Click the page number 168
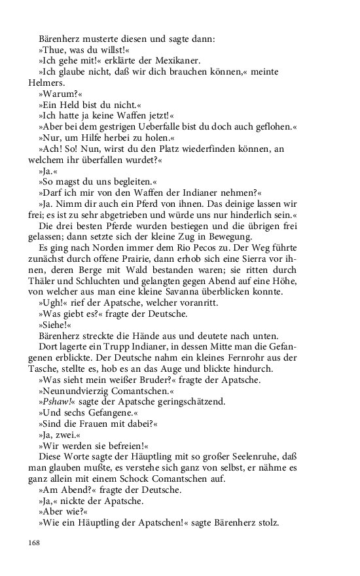(35, 543)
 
